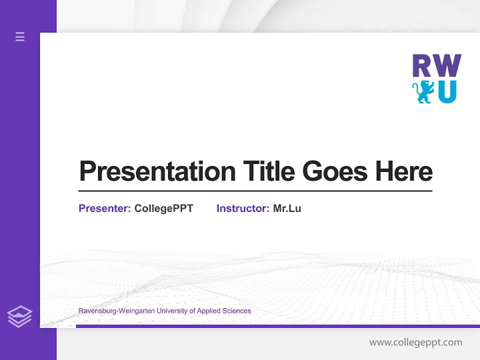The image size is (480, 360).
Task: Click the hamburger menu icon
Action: tap(20, 36)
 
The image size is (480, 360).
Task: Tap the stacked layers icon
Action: tap(19, 316)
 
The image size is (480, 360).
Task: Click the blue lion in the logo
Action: tap(423, 92)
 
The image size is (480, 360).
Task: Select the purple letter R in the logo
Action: tap(423, 66)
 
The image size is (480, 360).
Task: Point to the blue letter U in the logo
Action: tap(447, 92)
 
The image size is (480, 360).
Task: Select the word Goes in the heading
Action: tap(335, 171)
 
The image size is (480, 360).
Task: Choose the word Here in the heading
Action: tap(404, 171)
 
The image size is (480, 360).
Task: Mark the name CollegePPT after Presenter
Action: tap(163, 208)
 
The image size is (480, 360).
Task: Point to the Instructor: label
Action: tap(243, 208)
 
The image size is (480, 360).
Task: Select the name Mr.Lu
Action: tap(287, 208)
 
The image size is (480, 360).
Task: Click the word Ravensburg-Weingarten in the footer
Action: tap(116, 311)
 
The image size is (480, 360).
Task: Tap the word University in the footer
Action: tap(172, 311)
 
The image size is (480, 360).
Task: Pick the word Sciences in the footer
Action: tap(237, 311)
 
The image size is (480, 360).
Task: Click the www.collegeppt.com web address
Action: tap(415, 342)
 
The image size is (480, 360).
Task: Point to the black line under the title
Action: tap(255, 191)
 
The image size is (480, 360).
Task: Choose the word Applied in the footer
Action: tap(209, 311)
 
